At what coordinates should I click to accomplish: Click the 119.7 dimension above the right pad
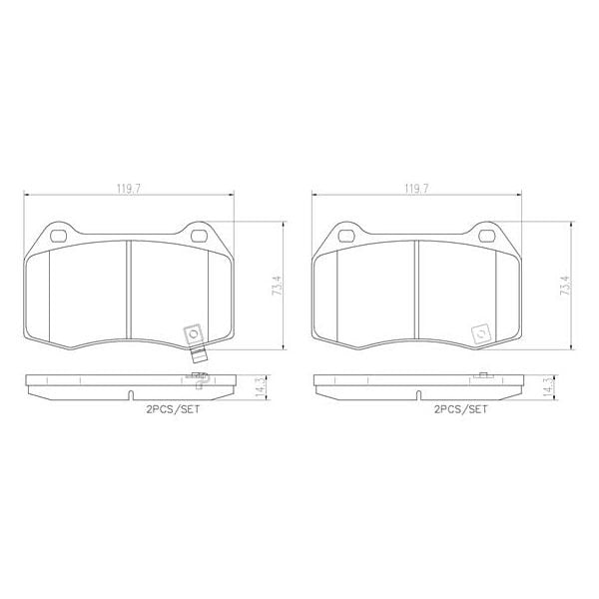417,187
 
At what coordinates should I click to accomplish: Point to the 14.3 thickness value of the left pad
262,386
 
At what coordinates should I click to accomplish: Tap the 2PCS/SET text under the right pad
461,409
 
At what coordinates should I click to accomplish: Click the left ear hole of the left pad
58,237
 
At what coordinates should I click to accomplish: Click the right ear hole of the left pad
198,237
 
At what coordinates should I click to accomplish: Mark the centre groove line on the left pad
128,290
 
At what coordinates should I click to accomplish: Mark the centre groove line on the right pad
416,290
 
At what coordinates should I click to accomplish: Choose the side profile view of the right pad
416,384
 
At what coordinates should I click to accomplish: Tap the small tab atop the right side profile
481,374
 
